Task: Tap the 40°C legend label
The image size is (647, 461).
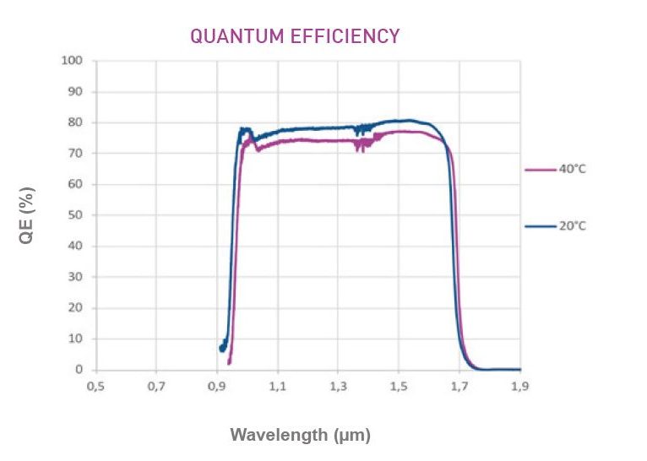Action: tap(570, 169)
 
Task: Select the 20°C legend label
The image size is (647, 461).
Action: tap(570, 225)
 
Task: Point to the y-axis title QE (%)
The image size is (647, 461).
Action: tap(27, 222)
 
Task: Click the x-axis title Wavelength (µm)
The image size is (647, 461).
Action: tap(301, 435)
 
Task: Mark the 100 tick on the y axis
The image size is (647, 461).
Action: tap(75, 61)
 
